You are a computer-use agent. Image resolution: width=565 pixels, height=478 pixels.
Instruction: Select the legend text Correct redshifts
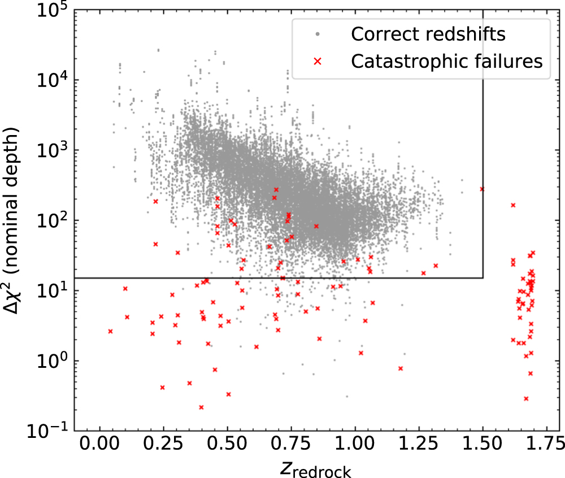pyautogui.click(x=427, y=34)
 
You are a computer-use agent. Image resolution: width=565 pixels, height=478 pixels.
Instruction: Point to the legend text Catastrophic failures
pyautogui.click(x=446, y=60)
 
